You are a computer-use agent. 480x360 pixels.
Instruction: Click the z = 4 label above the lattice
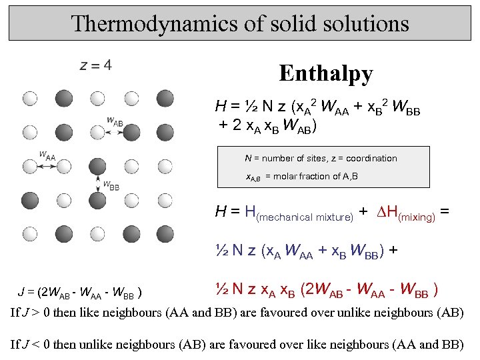pos(95,65)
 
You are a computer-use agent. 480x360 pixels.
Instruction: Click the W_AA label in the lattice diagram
pos(47,155)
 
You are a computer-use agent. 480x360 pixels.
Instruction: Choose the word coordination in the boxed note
pos(371,159)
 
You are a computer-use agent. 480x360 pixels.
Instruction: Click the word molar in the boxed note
pos(289,176)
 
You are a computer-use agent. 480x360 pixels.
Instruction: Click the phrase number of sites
pos(296,159)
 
